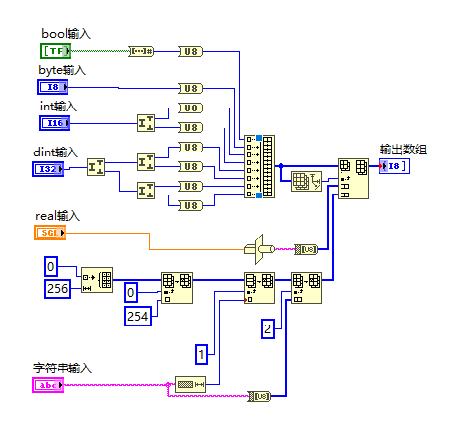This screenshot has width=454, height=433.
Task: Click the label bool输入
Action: (x=66, y=34)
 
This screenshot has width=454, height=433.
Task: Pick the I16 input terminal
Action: (x=55, y=122)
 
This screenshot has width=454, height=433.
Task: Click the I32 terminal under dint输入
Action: (x=49, y=169)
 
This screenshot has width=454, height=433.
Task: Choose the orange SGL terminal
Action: (x=49, y=232)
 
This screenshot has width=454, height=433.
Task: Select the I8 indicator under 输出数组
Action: (x=394, y=166)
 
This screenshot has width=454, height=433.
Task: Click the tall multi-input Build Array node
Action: (x=261, y=168)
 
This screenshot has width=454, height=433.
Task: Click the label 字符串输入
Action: (x=62, y=368)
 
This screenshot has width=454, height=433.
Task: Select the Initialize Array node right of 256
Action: (x=97, y=279)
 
